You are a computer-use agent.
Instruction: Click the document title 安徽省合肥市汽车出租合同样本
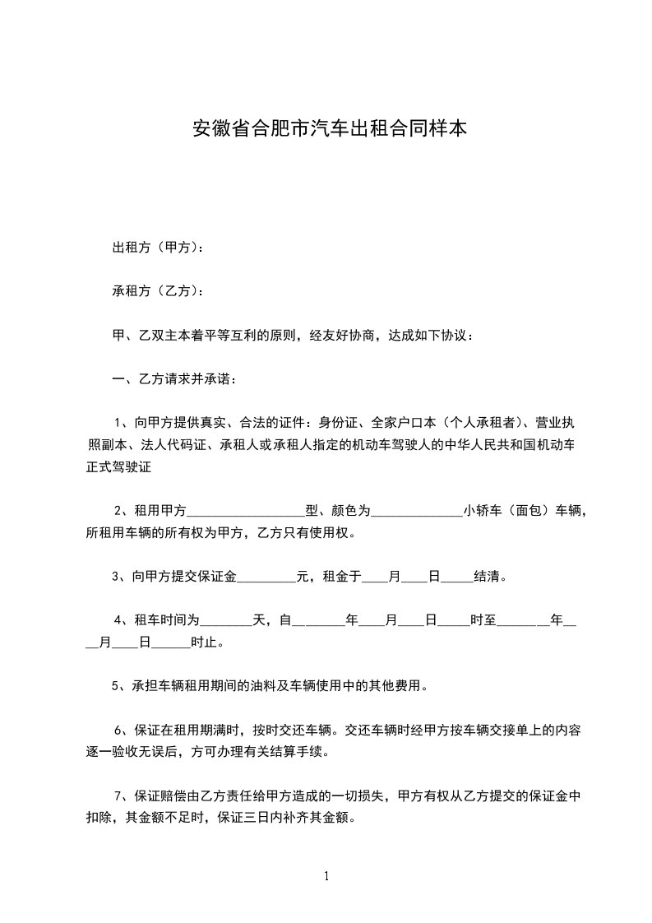click(x=330, y=129)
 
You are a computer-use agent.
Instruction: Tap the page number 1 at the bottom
click(x=326, y=875)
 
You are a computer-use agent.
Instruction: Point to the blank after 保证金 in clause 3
click(x=266, y=577)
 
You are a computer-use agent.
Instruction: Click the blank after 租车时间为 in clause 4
click(x=227, y=621)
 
